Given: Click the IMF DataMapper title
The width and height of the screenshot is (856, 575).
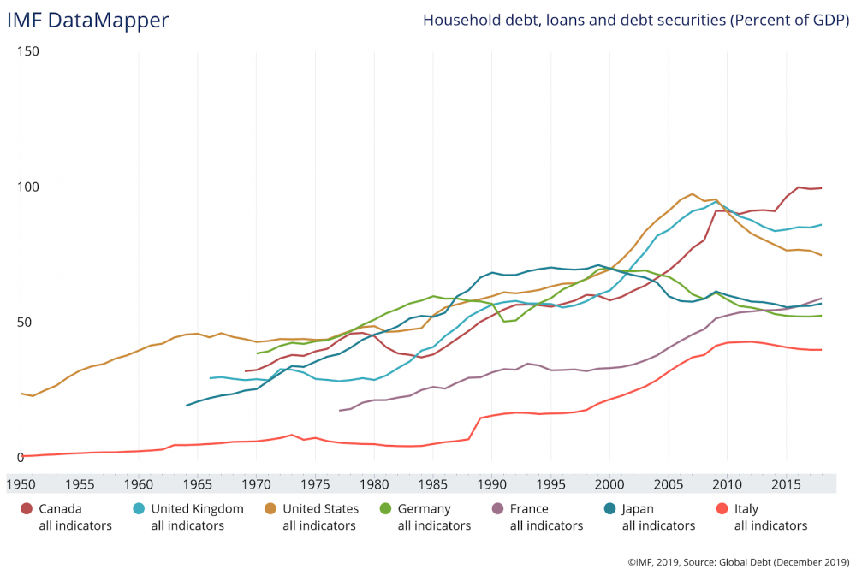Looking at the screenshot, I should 88,20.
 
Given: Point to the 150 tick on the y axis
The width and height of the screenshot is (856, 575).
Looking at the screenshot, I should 28,52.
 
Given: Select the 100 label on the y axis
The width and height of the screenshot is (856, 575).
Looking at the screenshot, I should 28,187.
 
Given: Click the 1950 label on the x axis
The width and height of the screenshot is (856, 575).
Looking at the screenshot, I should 21,483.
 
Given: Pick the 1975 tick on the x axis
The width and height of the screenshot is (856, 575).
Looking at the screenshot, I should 315,483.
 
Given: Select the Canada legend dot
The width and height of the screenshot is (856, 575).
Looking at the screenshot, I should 27,509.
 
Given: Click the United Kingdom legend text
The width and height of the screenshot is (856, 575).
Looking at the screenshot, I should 197,509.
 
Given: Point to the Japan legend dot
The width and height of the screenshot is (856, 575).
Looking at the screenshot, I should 609,509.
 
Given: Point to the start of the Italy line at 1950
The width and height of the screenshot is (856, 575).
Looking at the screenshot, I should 21,456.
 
